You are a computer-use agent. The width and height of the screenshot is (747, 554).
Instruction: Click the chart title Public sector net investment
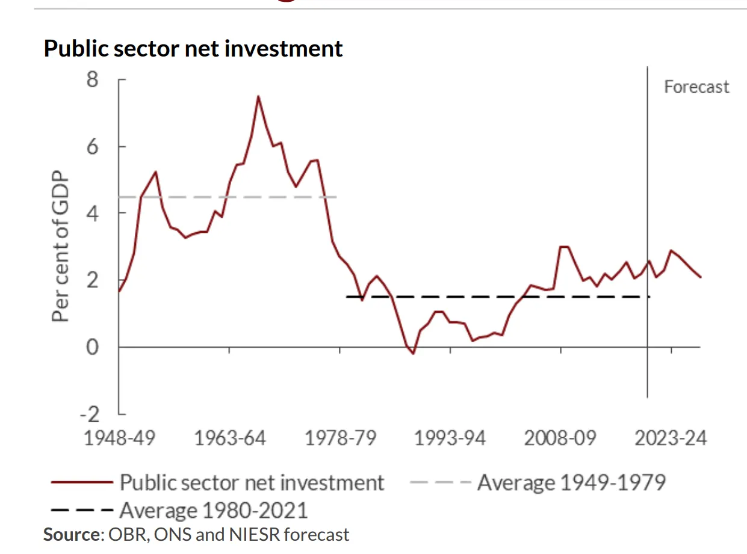click(193, 48)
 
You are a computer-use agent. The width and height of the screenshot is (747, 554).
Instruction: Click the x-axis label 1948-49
click(119, 437)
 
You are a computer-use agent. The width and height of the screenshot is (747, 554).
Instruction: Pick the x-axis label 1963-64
click(229, 437)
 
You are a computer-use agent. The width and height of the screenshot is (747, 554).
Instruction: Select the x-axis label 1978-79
click(340, 437)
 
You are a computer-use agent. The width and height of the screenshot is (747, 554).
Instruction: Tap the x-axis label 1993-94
click(450, 437)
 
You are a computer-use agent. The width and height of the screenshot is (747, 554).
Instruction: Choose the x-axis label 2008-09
click(560, 437)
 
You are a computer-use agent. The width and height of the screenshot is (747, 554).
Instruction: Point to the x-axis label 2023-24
click(671, 437)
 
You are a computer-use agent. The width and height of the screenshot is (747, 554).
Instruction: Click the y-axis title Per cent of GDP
click(60, 249)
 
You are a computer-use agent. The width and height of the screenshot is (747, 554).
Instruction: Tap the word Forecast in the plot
click(696, 87)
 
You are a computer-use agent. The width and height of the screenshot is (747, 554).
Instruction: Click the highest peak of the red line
click(258, 96)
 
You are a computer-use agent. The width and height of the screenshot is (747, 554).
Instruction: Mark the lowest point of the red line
click(413, 353)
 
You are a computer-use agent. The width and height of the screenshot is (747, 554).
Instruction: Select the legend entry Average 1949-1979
click(571, 482)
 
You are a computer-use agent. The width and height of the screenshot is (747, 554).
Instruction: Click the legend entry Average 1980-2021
click(213, 510)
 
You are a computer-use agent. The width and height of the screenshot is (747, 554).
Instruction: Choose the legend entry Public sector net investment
click(252, 482)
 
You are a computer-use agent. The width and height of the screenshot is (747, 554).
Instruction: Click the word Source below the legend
click(70, 534)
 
